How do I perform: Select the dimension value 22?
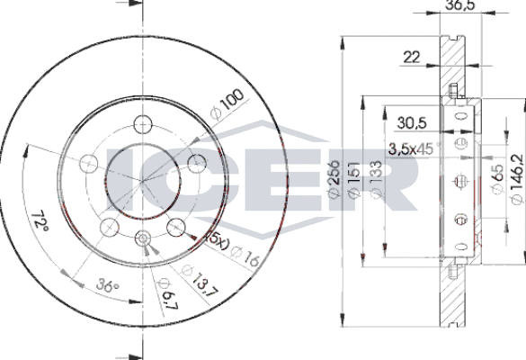pos(413,58)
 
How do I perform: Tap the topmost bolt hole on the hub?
pos(141,124)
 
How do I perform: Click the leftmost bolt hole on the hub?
pos(88,163)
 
